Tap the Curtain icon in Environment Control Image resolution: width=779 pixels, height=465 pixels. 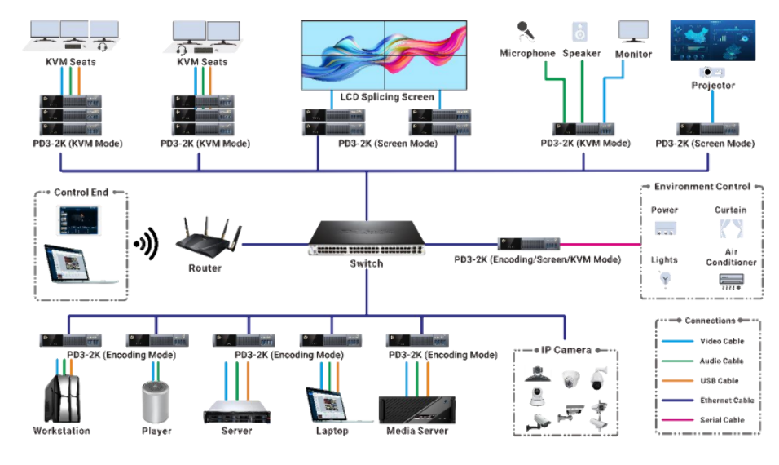(730, 229)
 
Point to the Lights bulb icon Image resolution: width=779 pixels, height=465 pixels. (665, 278)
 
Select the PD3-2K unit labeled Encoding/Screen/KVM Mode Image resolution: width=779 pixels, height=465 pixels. (529, 244)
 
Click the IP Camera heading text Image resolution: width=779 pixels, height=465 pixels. (566, 350)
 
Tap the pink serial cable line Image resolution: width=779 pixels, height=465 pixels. (603, 244)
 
